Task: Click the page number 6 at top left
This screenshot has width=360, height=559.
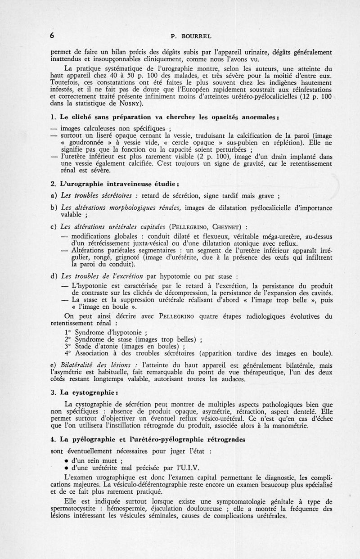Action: pos(53,36)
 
